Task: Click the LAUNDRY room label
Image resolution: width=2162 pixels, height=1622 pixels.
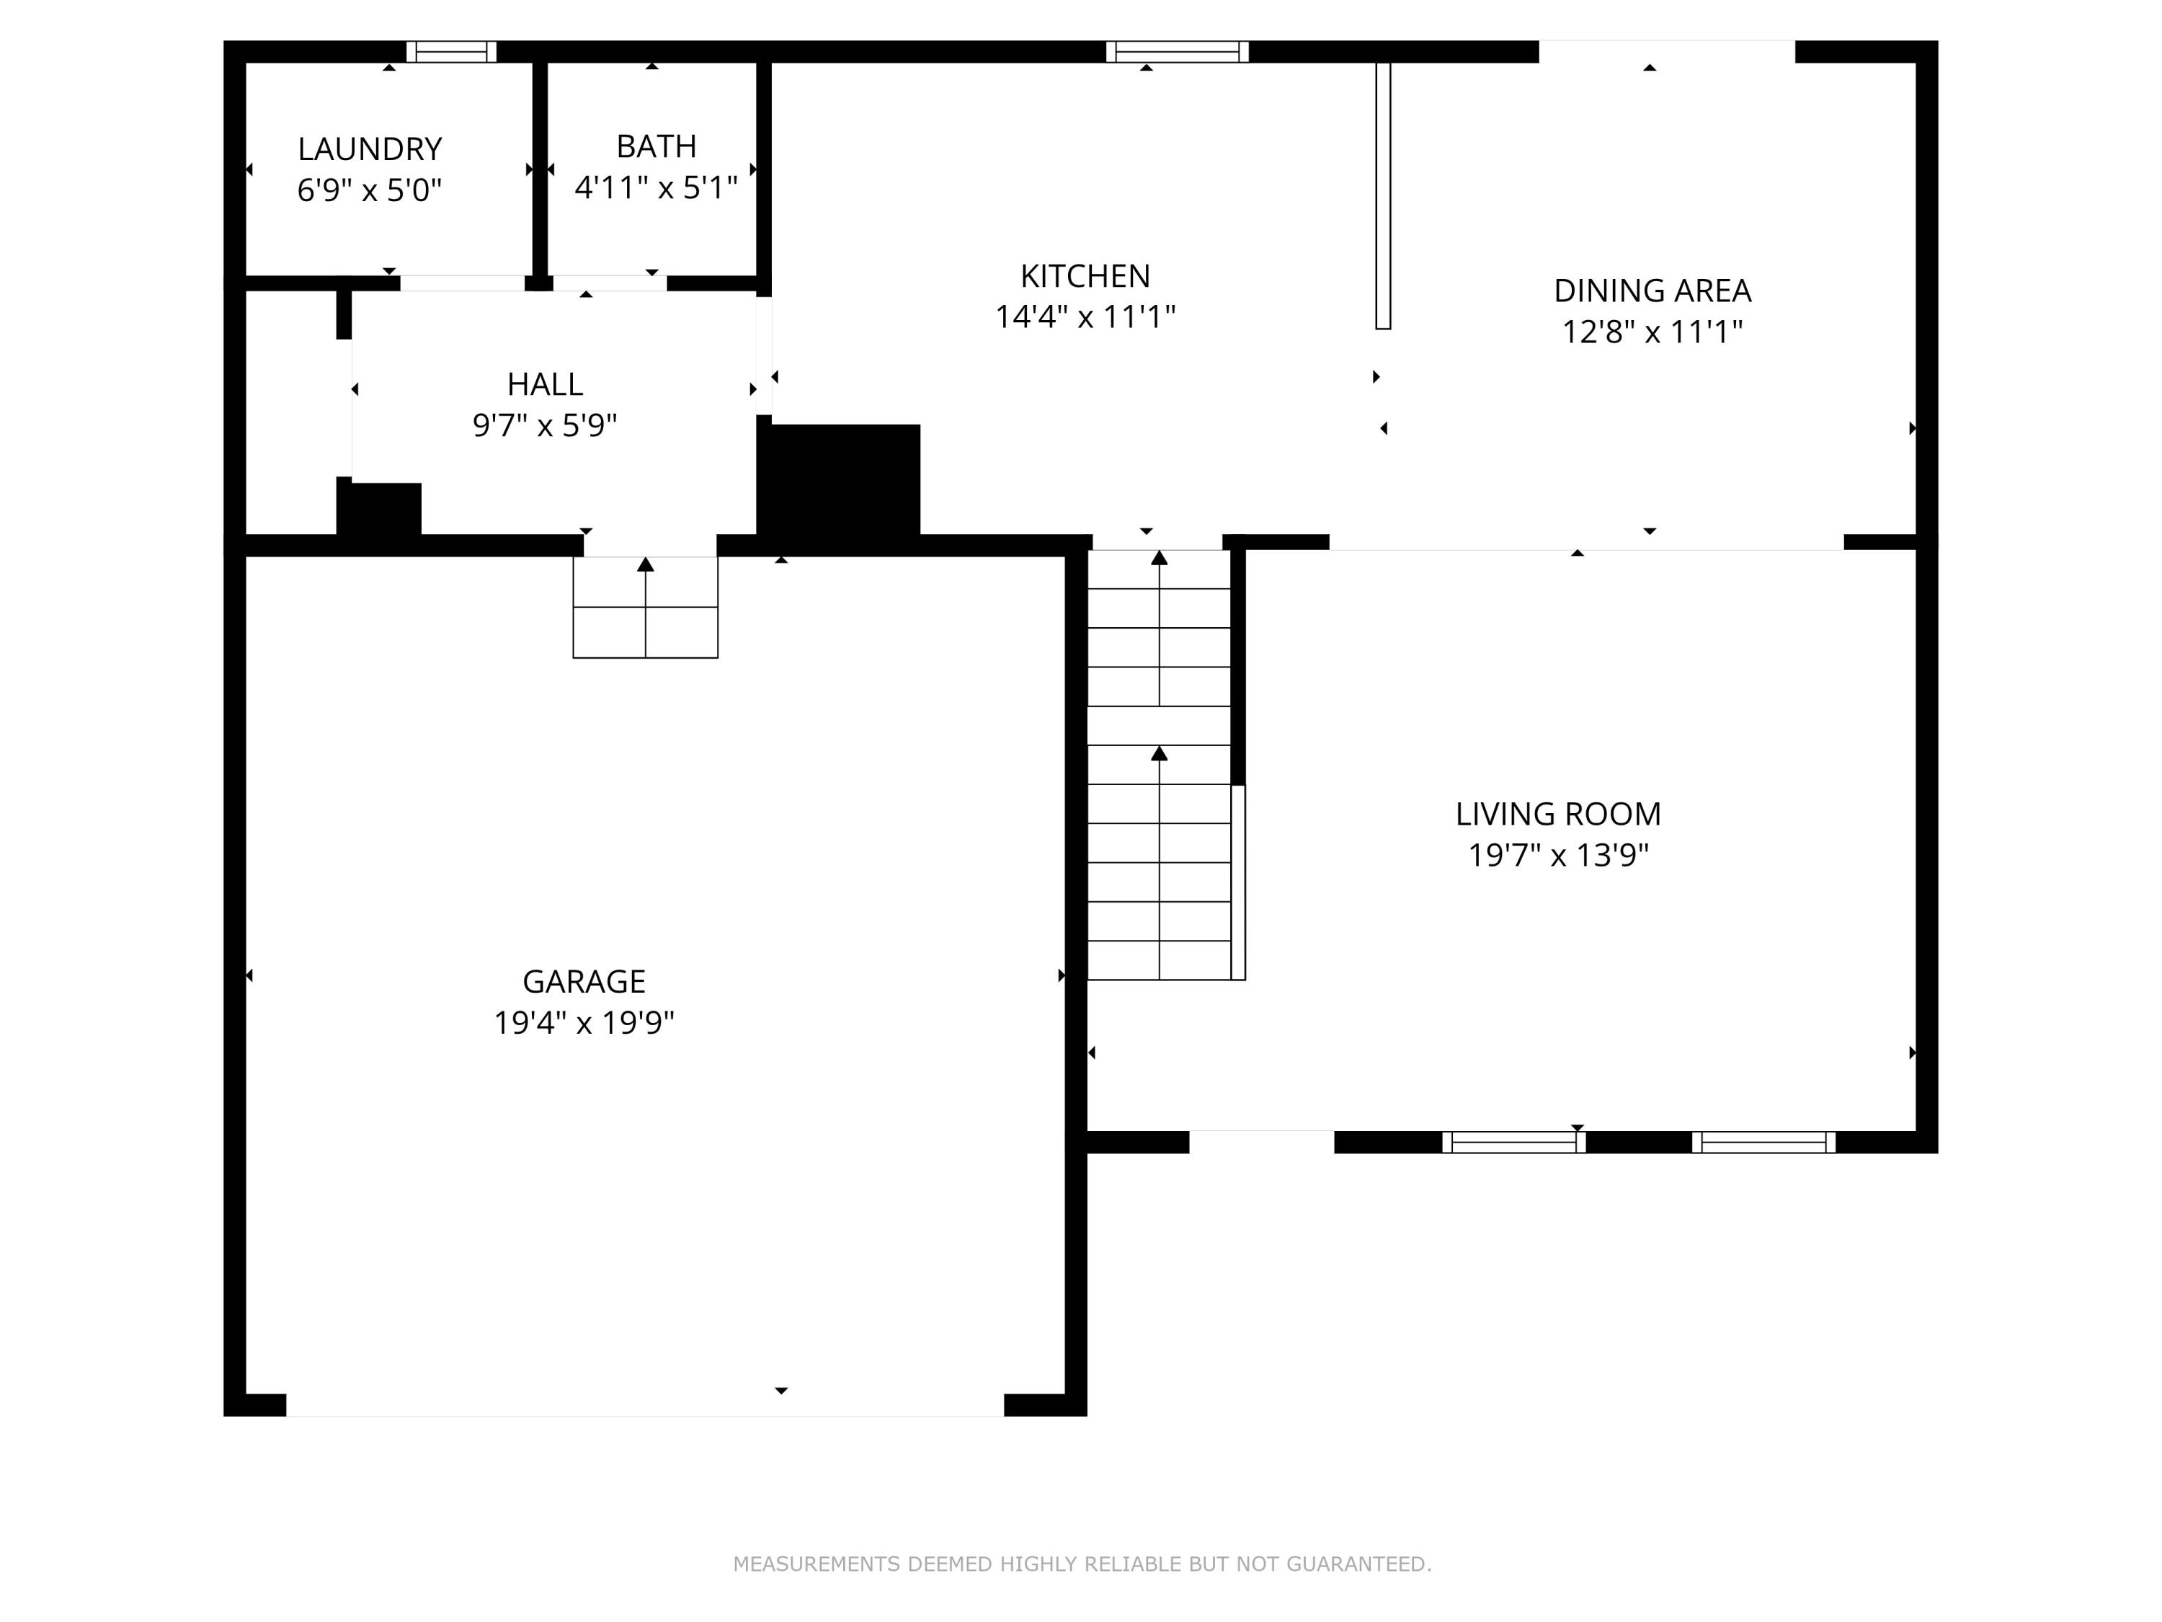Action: (x=370, y=149)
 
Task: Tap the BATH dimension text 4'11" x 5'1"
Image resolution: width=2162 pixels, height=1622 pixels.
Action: (x=656, y=187)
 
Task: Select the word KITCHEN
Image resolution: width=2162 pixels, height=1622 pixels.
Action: (x=1085, y=277)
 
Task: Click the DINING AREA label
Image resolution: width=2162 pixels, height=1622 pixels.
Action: (x=1652, y=291)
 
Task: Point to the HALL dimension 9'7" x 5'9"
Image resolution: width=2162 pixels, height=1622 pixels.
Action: (x=544, y=425)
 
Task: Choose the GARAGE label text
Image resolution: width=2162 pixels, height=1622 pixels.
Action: (x=584, y=980)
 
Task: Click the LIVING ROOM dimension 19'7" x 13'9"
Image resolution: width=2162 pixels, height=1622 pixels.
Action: (x=1558, y=856)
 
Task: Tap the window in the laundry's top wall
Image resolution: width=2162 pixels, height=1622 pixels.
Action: (x=452, y=52)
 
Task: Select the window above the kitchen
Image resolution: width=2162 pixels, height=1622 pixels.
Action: (x=1177, y=52)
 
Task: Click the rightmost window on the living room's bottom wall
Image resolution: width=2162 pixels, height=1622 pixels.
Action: (x=1763, y=1142)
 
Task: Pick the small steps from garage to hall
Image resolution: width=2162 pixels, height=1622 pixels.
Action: (x=645, y=608)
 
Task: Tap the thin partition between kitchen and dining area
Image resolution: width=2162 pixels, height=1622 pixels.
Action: (x=1383, y=195)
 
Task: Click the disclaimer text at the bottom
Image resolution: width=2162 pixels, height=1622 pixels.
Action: (x=1082, y=1564)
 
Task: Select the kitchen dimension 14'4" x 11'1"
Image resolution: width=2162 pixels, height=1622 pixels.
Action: (x=1085, y=316)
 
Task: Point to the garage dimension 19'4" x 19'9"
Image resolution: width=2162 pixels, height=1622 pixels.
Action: (x=584, y=1023)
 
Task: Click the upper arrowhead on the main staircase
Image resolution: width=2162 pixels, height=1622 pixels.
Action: (x=1159, y=558)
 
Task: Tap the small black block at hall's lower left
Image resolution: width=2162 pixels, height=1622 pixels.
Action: (x=379, y=508)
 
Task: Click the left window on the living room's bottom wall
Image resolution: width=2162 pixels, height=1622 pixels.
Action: (x=1513, y=1142)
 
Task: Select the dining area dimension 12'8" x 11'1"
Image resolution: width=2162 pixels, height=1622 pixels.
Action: (x=1652, y=332)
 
